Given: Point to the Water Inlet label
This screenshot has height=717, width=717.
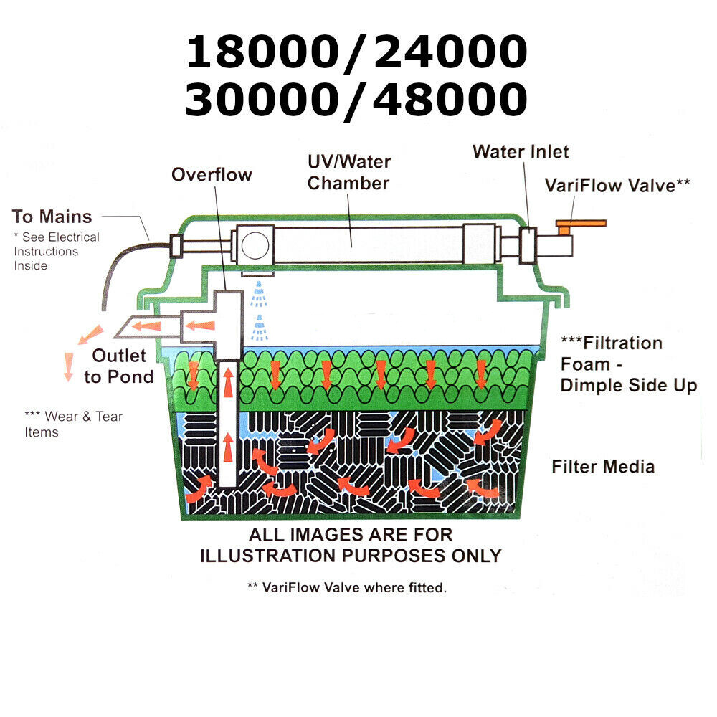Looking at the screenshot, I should (x=521, y=152).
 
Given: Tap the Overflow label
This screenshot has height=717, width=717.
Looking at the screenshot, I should (x=212, y=174).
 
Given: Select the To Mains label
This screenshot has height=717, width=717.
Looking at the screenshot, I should (x=52, y=217).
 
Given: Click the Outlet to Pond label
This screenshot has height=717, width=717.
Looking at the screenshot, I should (x=119, y=366).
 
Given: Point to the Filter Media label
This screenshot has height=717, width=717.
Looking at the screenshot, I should (x=603, y=467).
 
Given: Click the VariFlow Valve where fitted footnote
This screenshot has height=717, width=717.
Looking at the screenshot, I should (x=346, y=588).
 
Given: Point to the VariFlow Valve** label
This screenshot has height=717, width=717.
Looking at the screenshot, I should (x=617, y=185).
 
